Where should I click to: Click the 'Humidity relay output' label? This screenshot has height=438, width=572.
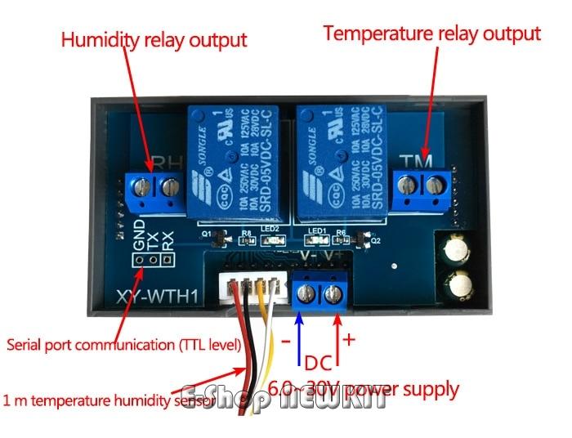(154, 40)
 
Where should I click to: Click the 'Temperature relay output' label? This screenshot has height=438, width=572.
(431, 34)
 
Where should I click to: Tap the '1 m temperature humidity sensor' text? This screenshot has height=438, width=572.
(109, 400)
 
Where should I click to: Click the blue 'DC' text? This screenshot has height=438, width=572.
(317, 363)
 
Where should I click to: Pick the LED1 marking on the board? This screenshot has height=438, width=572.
(318, 230)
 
